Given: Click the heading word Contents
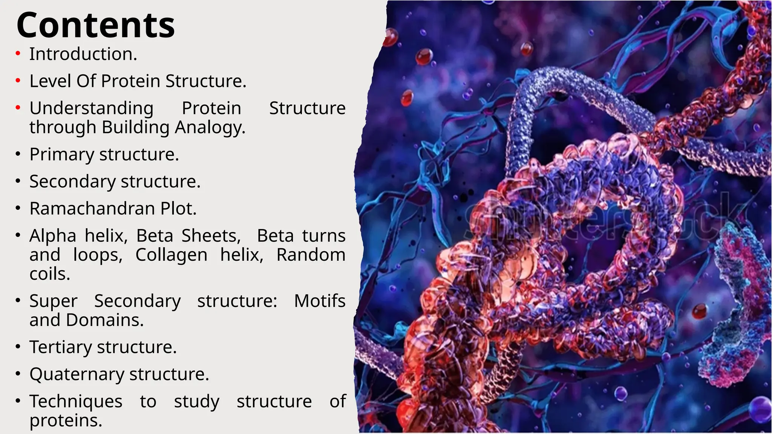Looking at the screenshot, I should (x=95, y=25).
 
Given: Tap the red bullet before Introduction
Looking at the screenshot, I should (x=18, y=54).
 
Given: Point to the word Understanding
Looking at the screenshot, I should (x=91, y=109).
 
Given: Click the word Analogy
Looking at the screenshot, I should (x=210, y=127).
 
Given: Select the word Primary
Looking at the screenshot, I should (x=62, y=155).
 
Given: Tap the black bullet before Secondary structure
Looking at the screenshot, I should (x=18, y=181).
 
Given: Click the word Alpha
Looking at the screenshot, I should (x=53, y=236).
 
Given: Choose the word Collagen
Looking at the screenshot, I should (x=171, y=255).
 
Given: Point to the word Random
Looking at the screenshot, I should (x=311, y=255).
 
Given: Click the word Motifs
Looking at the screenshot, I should (x=320, y=301).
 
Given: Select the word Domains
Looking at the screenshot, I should (x=104, y=320).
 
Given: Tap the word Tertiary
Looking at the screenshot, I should (x=61, y=347).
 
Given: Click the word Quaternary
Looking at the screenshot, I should (x=77, y=374).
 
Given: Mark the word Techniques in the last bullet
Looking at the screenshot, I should (x=76, y=402).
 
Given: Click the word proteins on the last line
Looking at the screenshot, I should (x=66, y=421).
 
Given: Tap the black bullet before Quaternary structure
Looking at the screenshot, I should (x=18, y=374).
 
